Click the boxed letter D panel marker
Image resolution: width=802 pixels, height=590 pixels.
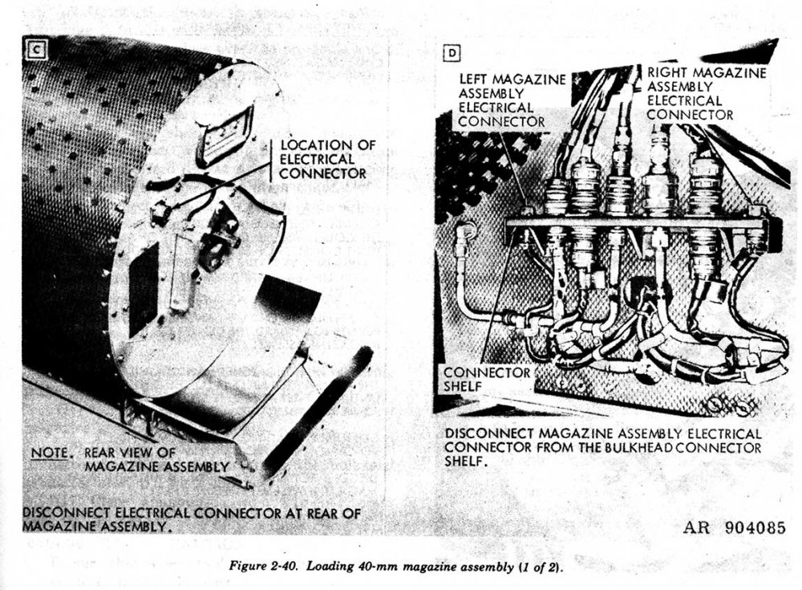452,55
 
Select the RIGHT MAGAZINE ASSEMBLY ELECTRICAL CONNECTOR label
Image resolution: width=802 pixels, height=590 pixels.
706,92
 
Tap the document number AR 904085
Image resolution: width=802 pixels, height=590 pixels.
735,529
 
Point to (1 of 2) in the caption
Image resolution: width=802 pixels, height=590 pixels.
541,568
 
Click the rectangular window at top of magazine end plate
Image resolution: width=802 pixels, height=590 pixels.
225,132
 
